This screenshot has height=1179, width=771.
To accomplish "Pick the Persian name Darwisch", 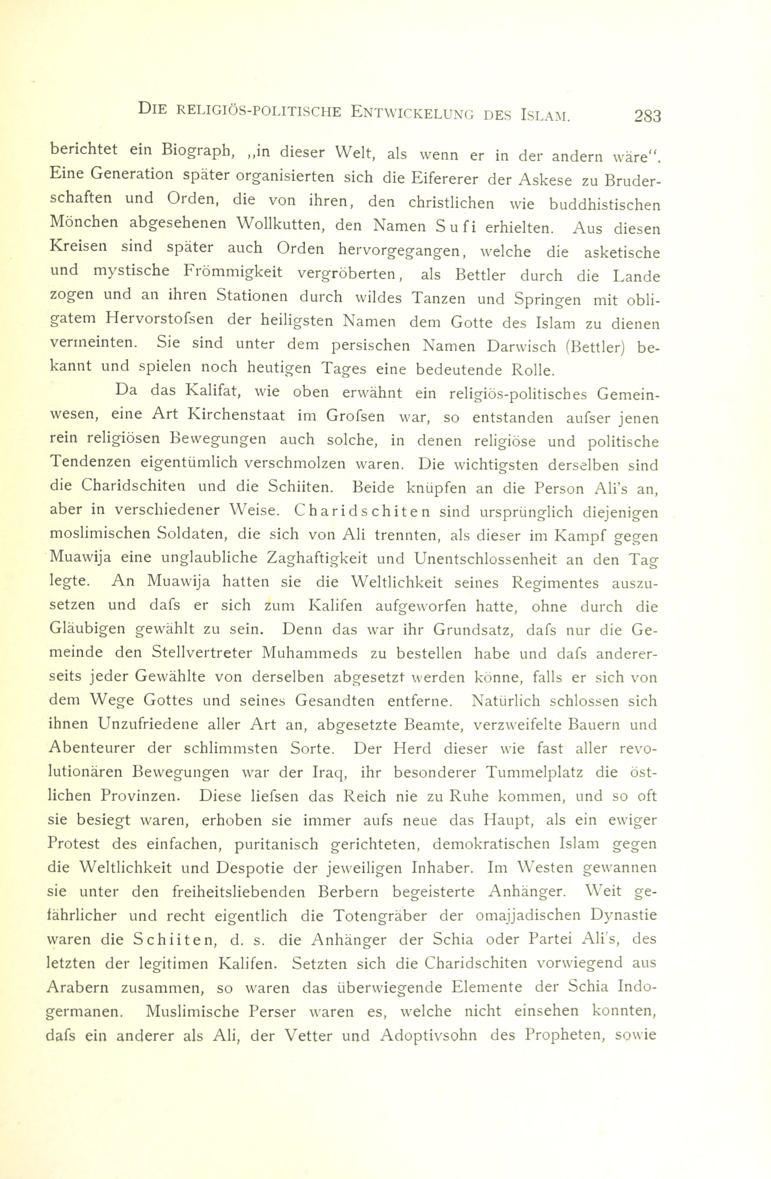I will (x=522, y=346).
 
